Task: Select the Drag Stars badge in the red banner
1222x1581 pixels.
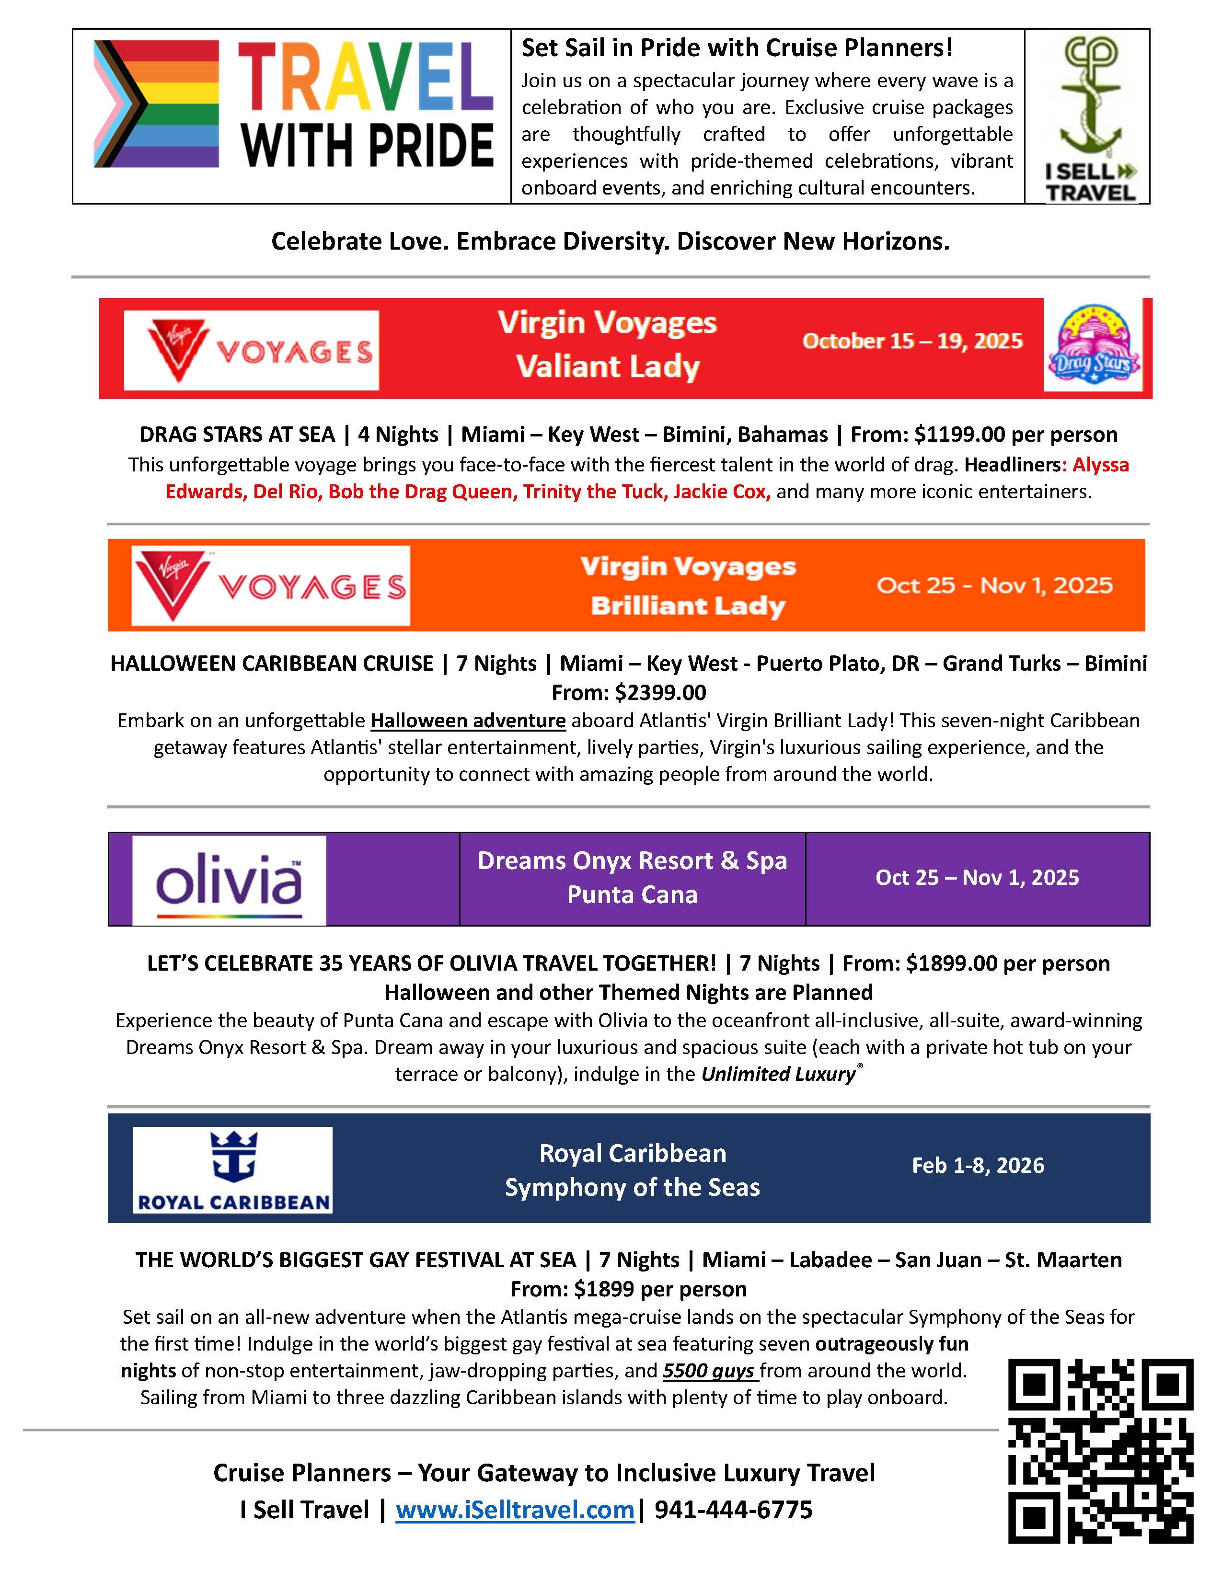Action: click(x=1093, y=348)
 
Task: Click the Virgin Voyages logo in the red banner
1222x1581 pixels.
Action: click(x=251, y=350)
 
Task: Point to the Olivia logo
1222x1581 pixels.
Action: click(x=229, y=880)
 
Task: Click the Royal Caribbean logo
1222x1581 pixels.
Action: click(x=233, y=1169)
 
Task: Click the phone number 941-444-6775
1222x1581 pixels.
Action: click(x=733, y=1509)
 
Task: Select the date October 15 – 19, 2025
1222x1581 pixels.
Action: click(x=912, y=341)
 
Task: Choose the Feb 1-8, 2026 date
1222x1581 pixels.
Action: click(x=977, y=1165)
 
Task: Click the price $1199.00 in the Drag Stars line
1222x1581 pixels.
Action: click(x=959, y=435)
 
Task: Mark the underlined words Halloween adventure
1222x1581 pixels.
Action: click(x=468, y=721)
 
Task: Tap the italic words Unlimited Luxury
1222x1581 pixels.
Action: click(x=778, y=1074)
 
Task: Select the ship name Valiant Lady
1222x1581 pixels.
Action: click(x=607, y=367)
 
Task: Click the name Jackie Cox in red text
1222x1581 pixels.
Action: click(x=720, y=492)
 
